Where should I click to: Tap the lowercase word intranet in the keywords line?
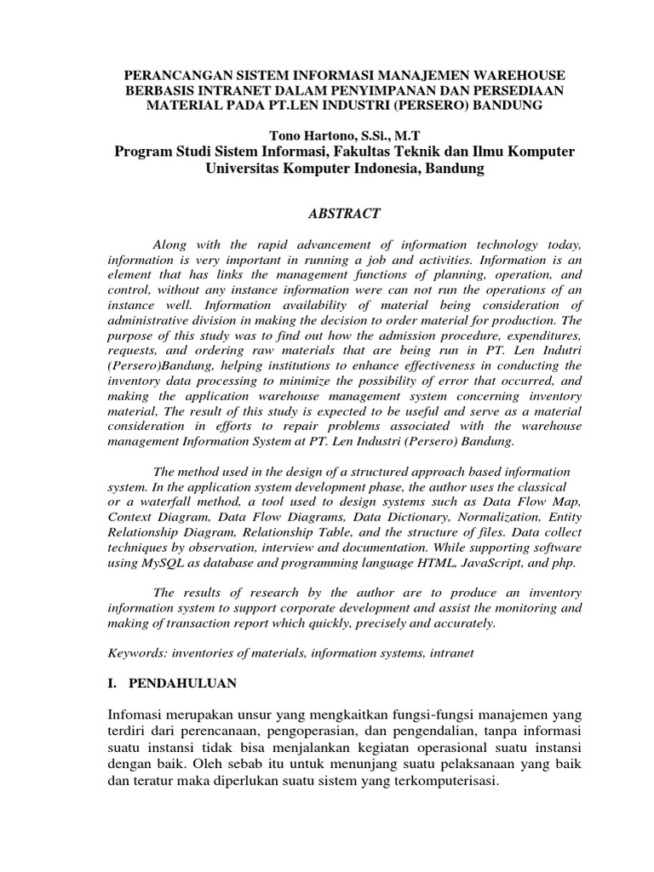pyautogui.click(x=449, y=653)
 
